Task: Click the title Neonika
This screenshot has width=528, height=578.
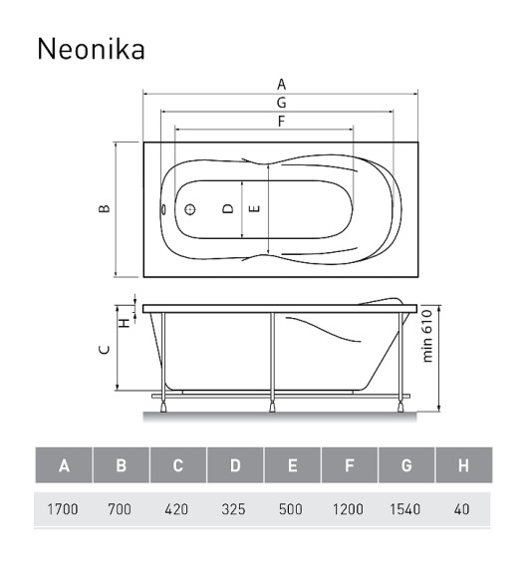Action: [91, 49]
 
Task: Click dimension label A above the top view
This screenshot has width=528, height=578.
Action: [282, 85]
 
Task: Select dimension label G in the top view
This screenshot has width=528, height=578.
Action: [282, 103]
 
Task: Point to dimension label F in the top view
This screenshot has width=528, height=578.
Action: [282, 122]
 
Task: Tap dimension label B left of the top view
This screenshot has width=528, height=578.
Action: [105, 209]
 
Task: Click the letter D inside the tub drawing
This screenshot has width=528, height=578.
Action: [228, 209]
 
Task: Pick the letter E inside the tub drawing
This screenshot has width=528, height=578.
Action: [256, 209]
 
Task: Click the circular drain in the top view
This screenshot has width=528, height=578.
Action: [189, 210]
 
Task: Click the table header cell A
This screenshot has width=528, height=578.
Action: [64, 465]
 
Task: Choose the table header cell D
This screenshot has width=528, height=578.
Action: [235, 465]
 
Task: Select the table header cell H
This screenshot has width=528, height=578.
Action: [463, 465]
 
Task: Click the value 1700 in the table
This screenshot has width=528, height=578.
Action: [64, 509]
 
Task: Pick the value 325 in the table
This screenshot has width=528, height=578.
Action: [235, 509]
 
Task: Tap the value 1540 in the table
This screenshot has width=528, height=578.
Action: [405, 509]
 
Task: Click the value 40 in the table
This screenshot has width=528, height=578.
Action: [462, 509]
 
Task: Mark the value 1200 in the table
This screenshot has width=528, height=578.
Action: [349, 509]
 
